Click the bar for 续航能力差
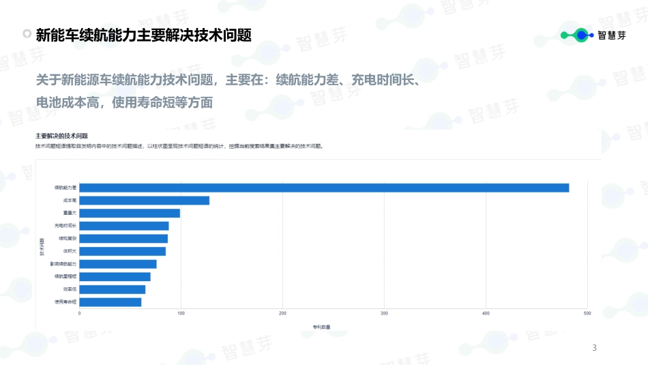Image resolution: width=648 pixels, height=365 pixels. (x=324, y=188)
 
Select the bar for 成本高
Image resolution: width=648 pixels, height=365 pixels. (x=145, y=201)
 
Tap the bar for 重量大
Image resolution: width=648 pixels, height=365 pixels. (x=130, y=213)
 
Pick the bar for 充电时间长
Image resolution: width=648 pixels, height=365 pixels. (x=124, y=226)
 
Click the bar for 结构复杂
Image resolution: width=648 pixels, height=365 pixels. (x=123, y=239)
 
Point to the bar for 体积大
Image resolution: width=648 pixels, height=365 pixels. (x=123, y=251)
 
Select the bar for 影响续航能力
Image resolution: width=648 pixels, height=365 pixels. (x=118, y=264)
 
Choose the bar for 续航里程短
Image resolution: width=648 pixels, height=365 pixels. (x=115, y=276)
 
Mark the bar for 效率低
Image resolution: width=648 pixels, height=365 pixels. (x=113, y=289)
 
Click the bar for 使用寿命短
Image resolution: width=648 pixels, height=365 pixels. (x=111, y=302)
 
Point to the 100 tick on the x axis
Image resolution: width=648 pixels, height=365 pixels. (x=181, y=313)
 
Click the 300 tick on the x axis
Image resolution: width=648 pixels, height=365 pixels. (x=384, y=313)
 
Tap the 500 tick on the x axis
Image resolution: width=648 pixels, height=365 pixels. (x=587, y=313)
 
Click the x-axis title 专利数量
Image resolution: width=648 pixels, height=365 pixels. (x=321, y=327)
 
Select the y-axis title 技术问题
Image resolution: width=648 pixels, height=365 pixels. (x=42, y=246)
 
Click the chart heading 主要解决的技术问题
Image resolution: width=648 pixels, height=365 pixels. (x=61, y=136)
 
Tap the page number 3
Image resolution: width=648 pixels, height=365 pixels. (x=594, y=349)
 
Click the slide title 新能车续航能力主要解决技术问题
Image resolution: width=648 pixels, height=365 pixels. (x=143, y=35)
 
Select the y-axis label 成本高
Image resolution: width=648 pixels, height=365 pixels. (x=70, y=201)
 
